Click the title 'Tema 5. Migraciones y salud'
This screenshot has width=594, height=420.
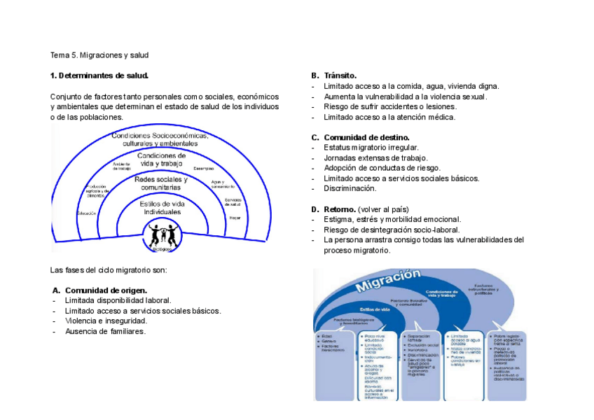(99, 55)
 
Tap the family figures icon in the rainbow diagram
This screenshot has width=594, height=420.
(163, 234)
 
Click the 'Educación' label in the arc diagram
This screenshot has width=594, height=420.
(87, 213)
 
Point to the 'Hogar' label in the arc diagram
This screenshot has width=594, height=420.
(234, 218)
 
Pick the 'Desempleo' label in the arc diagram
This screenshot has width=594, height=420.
(204, 168)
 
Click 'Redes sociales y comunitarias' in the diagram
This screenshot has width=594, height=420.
(161, 183)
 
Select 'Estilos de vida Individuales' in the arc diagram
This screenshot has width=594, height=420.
(162, 208)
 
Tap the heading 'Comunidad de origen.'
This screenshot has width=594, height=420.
(105, 290)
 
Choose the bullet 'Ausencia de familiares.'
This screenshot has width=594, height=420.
(105, 331)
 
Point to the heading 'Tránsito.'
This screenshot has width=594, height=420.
(340, 76)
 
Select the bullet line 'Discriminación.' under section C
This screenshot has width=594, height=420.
(350, 188)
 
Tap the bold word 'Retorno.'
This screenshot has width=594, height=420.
(339, 209)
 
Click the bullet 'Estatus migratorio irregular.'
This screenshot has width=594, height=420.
(371, 148)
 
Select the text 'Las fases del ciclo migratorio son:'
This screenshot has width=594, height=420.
(108, 269)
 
